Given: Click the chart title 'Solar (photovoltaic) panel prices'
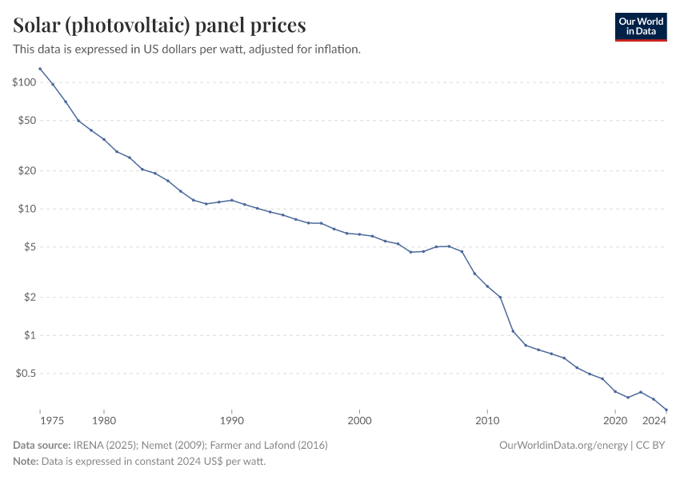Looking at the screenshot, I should click(x=159, y=26).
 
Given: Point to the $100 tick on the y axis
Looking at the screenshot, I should click(x=24, y=82).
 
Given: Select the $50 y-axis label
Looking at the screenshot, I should click(x=26, y=120).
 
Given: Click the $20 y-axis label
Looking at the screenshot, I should click(x=26, y=170).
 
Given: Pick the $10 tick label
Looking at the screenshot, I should click(x=26, y=209).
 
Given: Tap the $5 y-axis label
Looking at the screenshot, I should click(x=30, y=246).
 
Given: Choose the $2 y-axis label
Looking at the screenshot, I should click(x=30, y=297).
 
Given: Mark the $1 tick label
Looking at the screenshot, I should click(x=30, y=335).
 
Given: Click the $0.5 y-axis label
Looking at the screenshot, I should click(x=26, y=373).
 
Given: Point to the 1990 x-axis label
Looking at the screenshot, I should click(x=232, y=420).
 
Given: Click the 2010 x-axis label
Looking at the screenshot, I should click(x=487, y=420).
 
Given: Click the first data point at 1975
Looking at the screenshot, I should click(x=40, y=69).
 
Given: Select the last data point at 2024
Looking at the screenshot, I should click(x=666, y=410).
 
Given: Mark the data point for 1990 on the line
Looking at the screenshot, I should click(x=232, y=200).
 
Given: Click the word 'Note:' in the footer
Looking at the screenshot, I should click(x=26, y=462).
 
